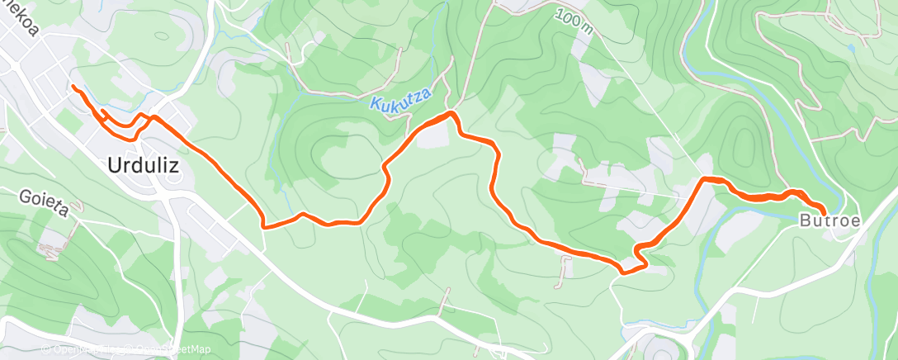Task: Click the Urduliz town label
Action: (x=143, y=165)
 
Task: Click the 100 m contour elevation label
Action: (x=574, y=21)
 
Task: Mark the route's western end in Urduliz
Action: (x=73, y=87)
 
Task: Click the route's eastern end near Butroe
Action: (x=823, y=214)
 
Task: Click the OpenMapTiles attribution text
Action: (x=78, y=349)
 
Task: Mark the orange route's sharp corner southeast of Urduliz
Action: (x=262, y=224)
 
